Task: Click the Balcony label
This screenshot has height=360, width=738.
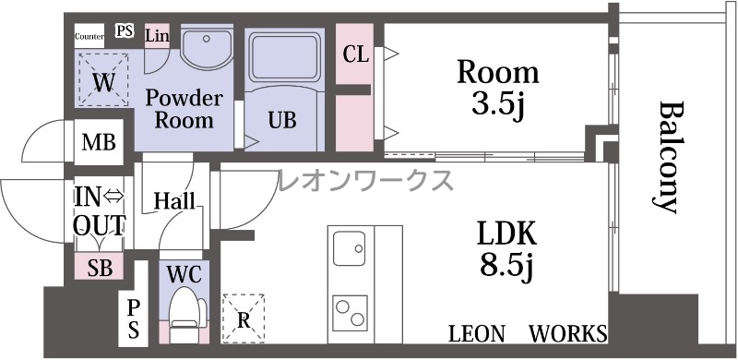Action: tap(668, 157)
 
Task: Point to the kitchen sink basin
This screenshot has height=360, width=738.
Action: tap(350, 248)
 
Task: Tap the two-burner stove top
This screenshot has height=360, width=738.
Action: tap(351, 313)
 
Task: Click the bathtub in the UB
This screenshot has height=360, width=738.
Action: tap(284, 57)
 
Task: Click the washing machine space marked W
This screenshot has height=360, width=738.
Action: tap(103, 79)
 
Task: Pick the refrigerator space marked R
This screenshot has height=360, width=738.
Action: tap(244, 318)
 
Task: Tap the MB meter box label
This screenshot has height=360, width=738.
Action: tap(99, 142)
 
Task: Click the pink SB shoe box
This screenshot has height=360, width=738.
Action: tap(100, 266)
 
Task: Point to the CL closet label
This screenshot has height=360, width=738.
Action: tap(355, 54)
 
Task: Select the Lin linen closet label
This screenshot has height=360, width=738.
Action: tap(157, 36)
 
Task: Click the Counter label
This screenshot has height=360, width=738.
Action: tap(89, 36)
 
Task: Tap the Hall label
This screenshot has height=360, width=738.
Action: tap(174, 201)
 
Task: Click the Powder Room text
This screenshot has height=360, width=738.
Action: tap(184, 109)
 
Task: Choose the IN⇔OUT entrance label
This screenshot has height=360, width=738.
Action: tap(100, 211)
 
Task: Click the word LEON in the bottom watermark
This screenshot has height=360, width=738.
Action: tap(476, 334)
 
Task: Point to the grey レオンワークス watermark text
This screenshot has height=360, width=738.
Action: tap(365, 180)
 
